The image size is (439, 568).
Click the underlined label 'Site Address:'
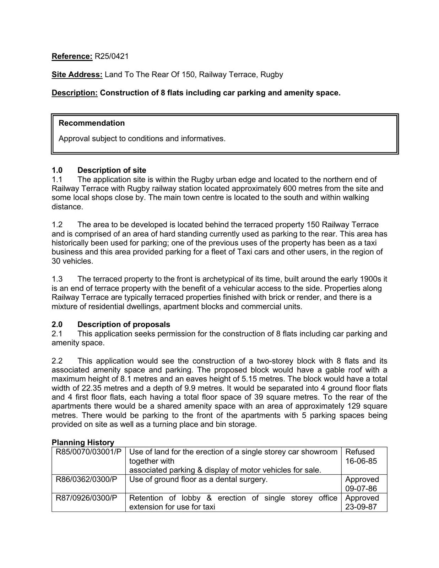pos(77,75)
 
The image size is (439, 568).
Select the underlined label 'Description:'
pos(75,93)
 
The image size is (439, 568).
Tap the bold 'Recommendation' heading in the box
pos(92,123)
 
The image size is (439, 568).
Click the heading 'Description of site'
pos(112,170)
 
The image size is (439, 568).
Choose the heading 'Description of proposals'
pos(124,324)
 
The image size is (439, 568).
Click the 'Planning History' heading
pos(83,442)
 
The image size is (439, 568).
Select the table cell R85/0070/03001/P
pos(88,452)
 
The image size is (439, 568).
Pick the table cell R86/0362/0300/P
pos(86,480)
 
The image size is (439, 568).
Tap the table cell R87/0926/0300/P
pos(86,498)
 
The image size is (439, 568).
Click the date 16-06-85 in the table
pos(361,461)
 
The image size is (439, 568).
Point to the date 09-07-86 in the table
pos(361,488)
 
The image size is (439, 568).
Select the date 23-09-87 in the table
pos(361,507)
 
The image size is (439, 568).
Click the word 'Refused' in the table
pos(360,452)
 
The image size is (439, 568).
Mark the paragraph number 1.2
pos(57,225)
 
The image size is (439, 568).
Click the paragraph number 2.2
pos(57,361)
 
